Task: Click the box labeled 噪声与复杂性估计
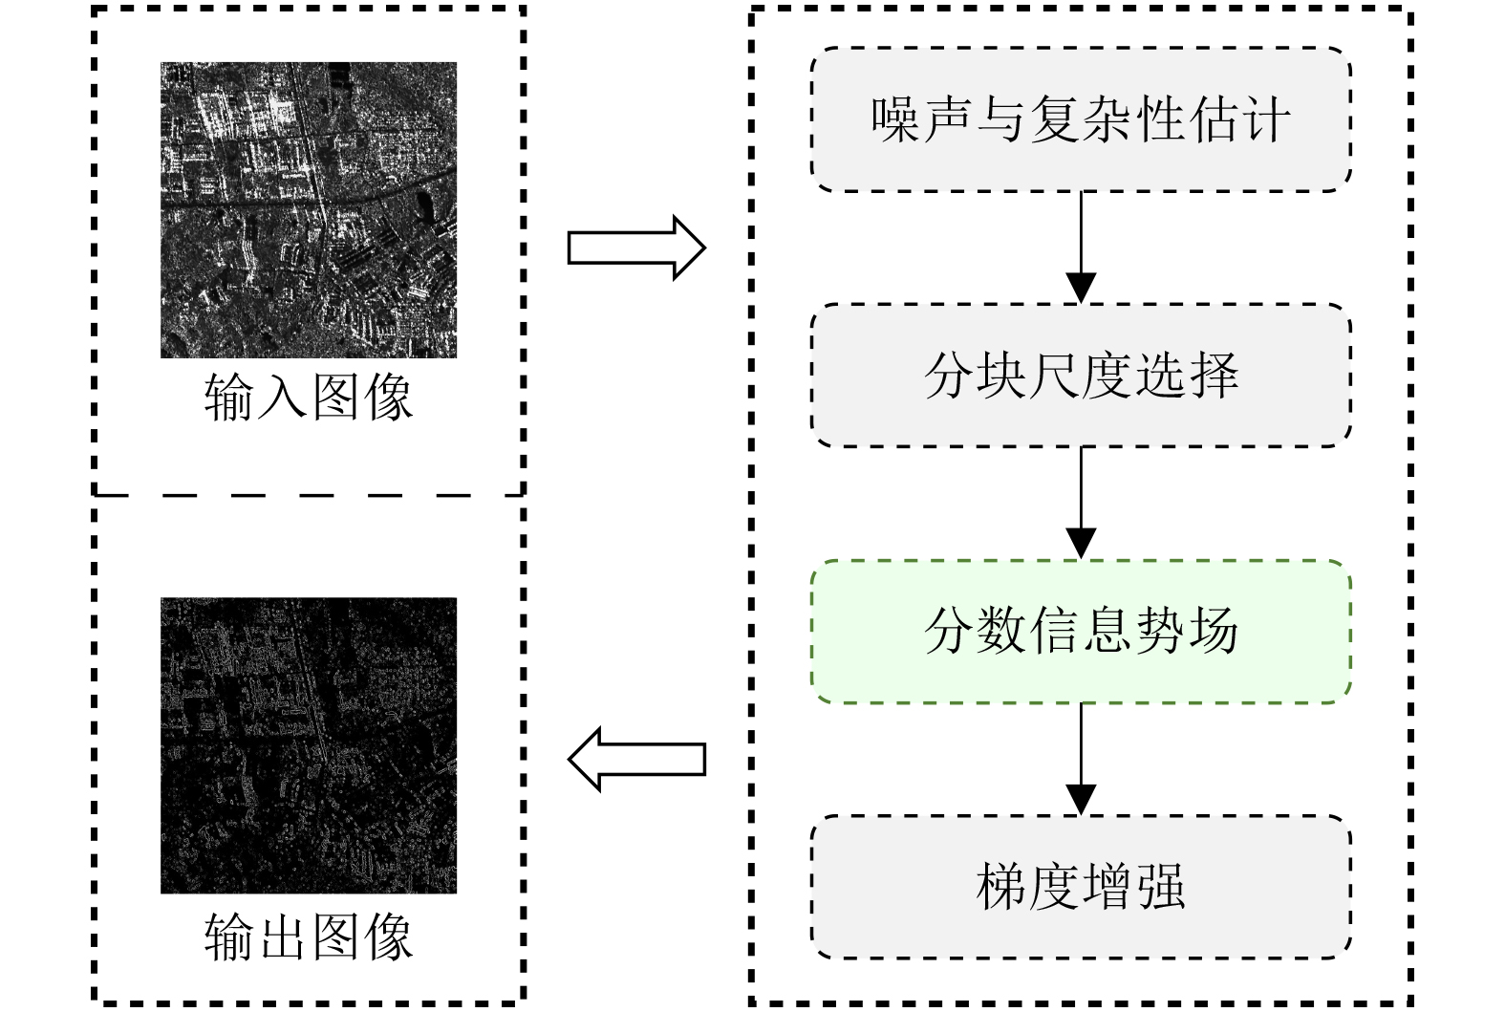click(x=1081, y=119)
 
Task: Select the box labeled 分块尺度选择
click(x=1081, y=376)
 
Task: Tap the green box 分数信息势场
click(x=1081, y=632)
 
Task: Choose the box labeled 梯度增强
click(x=1081, y=887)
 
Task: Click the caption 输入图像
click(x=308, y=397)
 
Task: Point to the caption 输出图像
click(x=308, y=937)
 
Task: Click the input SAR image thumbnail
click(x=308, y=210)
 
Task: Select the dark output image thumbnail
click(x=308, y=745)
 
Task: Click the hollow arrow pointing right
click(x=636, y=248)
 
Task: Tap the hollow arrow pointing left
click(x=636, y=760)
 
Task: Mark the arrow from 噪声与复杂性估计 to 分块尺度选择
click(x=1081, y=248)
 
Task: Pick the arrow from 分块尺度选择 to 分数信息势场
click(x=1081, y=504)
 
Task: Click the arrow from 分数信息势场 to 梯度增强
click(x=1081, y=760)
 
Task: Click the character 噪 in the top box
click(x=895, y=120)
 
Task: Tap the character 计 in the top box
click(x=1266, y=120)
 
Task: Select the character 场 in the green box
click(x=1214, y=632)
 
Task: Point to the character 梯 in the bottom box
click(x=1001, y=887)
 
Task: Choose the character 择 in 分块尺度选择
click(x=1214, y=376)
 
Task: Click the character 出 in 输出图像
click(x=282, y=937)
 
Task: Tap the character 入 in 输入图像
click(x=282, y=397)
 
